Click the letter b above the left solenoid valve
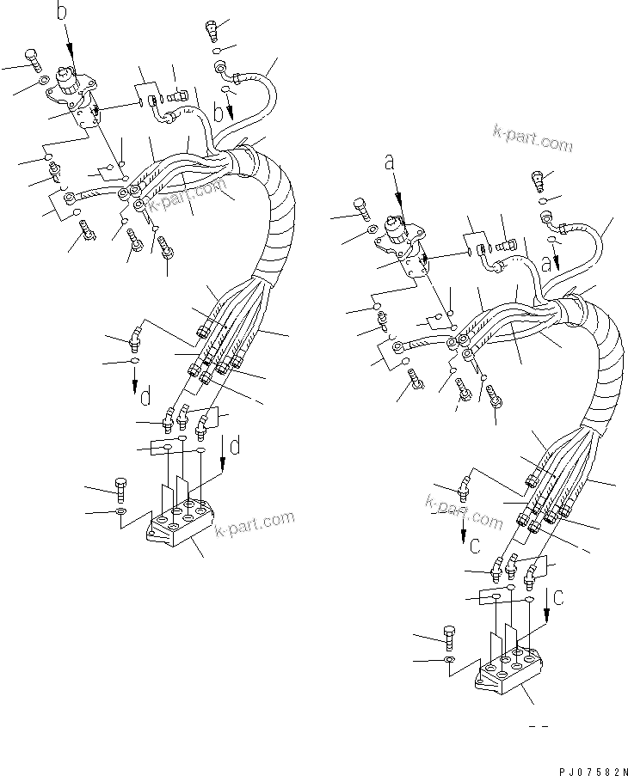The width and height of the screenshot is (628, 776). coord(61,11)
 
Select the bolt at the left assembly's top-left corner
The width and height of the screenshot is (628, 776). coord(31,60)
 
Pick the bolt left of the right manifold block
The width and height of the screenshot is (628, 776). coord(450,636)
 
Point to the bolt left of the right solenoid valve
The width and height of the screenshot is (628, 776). coord(361,207)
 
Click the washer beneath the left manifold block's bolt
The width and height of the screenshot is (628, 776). coord(121,513)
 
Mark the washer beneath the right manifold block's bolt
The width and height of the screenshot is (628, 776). coord(451,660)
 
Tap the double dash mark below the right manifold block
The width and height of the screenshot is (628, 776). coord(539,727)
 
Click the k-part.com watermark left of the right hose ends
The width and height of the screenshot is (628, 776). coord(465,512)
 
